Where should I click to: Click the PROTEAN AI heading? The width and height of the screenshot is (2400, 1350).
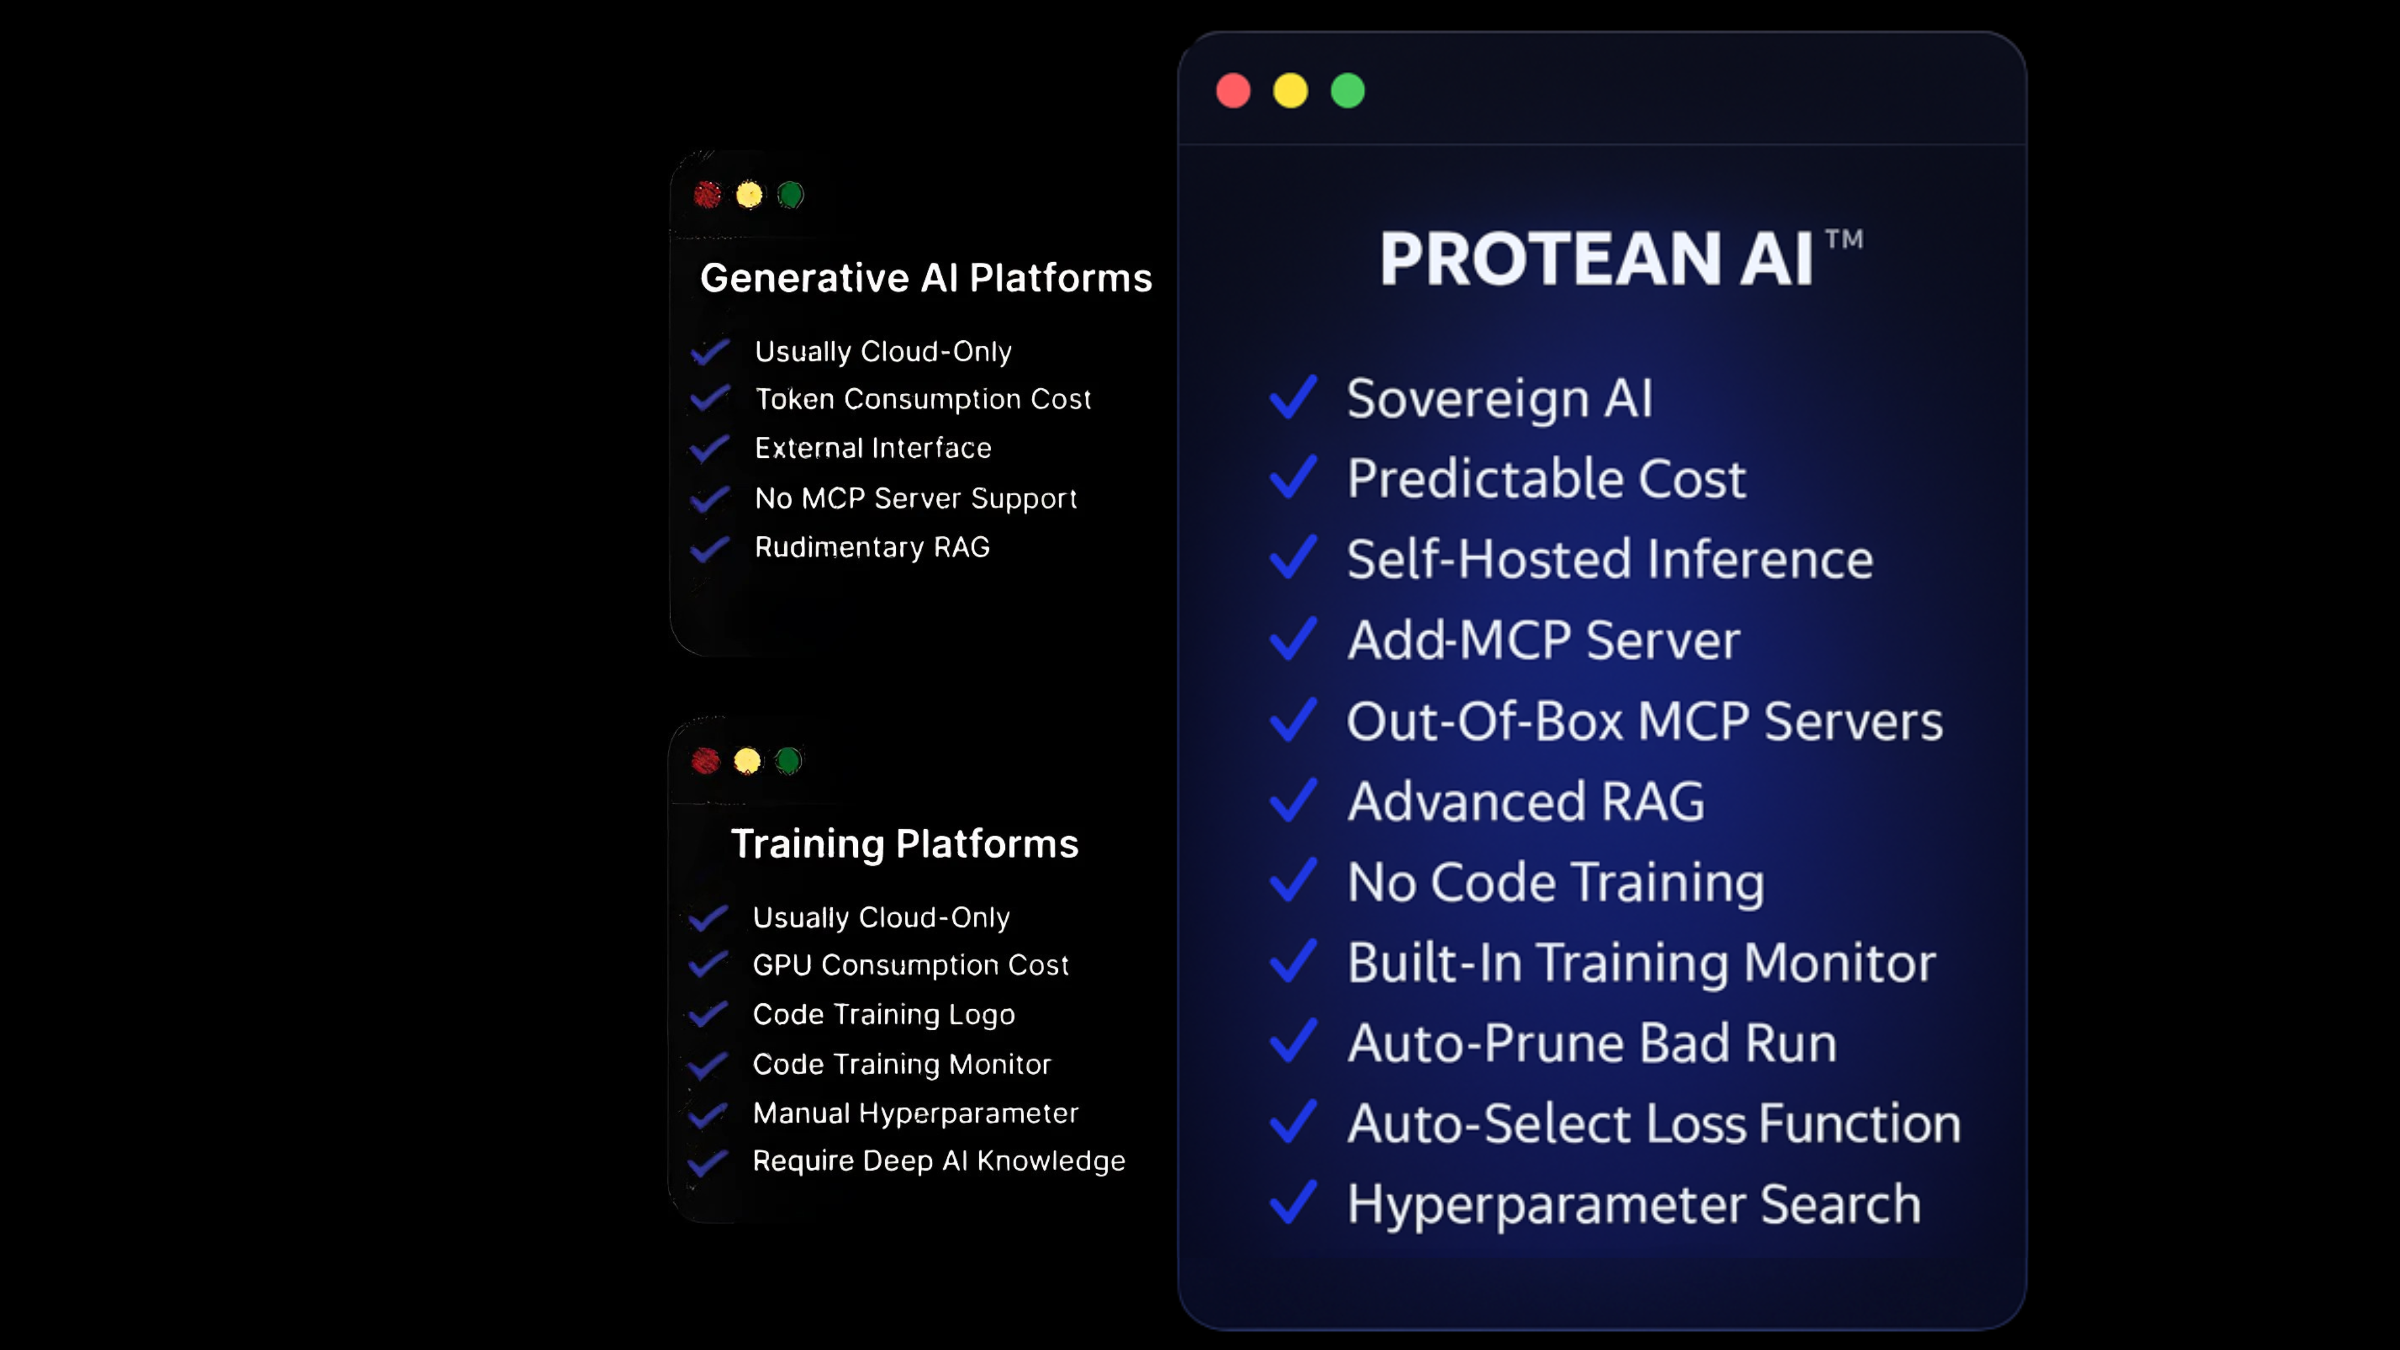(x=1596, y=259)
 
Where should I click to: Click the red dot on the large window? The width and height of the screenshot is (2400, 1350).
(x=1232, y=91)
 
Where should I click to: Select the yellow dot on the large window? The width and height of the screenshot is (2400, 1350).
(x=1291, y=91)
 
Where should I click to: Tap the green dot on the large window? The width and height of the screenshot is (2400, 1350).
(x=1347, y=91)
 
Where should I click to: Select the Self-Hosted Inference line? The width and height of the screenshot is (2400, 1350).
(x=1609, y=559)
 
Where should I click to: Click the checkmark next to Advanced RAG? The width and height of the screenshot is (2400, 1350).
(x=1293, y=800)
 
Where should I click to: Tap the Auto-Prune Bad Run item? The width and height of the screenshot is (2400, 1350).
(x=1591, y=1043)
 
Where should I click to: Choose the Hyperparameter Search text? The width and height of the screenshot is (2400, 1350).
(x=1633, y=1204)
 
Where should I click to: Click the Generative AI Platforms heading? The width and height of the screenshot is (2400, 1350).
(x=926, y=278)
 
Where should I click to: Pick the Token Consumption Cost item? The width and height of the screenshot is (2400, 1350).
(x=922, y=400)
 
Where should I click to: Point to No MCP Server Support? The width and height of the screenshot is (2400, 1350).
(x=915, y=499)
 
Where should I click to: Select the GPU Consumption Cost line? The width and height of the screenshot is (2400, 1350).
(x=910, y=965)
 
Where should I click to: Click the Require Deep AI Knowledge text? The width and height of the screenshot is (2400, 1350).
(x=938, y=1161)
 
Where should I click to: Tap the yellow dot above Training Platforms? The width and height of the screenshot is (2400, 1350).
(x=746, y=761)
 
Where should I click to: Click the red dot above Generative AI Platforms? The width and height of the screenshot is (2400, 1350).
(x=707, y=195)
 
